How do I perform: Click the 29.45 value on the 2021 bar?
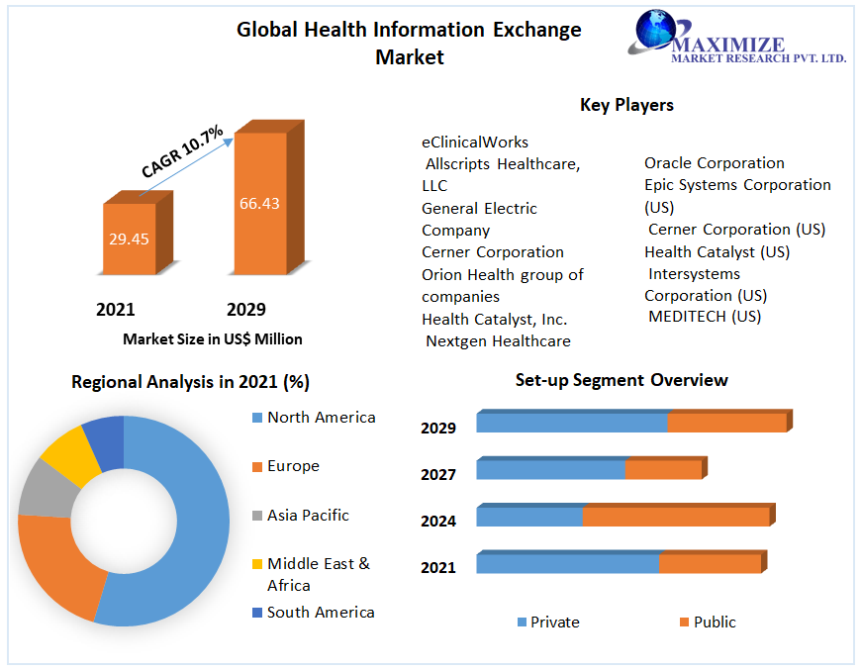click(x=130, y=239)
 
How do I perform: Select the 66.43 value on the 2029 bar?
click(x=259, y=204)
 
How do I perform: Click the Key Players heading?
click(x=626, y=105)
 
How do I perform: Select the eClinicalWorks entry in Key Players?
click(x=475, y=143)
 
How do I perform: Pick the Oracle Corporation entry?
click(x=715, y=163)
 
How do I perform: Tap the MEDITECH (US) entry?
click(x=705, y=317)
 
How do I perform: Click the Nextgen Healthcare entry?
click(x=498, y=341)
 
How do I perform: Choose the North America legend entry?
click(x=321, y=418)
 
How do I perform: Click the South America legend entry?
click(x=321, y=613)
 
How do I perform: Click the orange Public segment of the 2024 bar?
click(x=675, y=517)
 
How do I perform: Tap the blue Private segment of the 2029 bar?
click(x=572, y=423)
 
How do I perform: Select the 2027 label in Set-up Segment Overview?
click(x=438, y=475)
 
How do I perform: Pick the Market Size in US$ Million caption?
click(x=213, y=339)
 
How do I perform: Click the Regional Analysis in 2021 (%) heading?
click(x=191, y=382)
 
